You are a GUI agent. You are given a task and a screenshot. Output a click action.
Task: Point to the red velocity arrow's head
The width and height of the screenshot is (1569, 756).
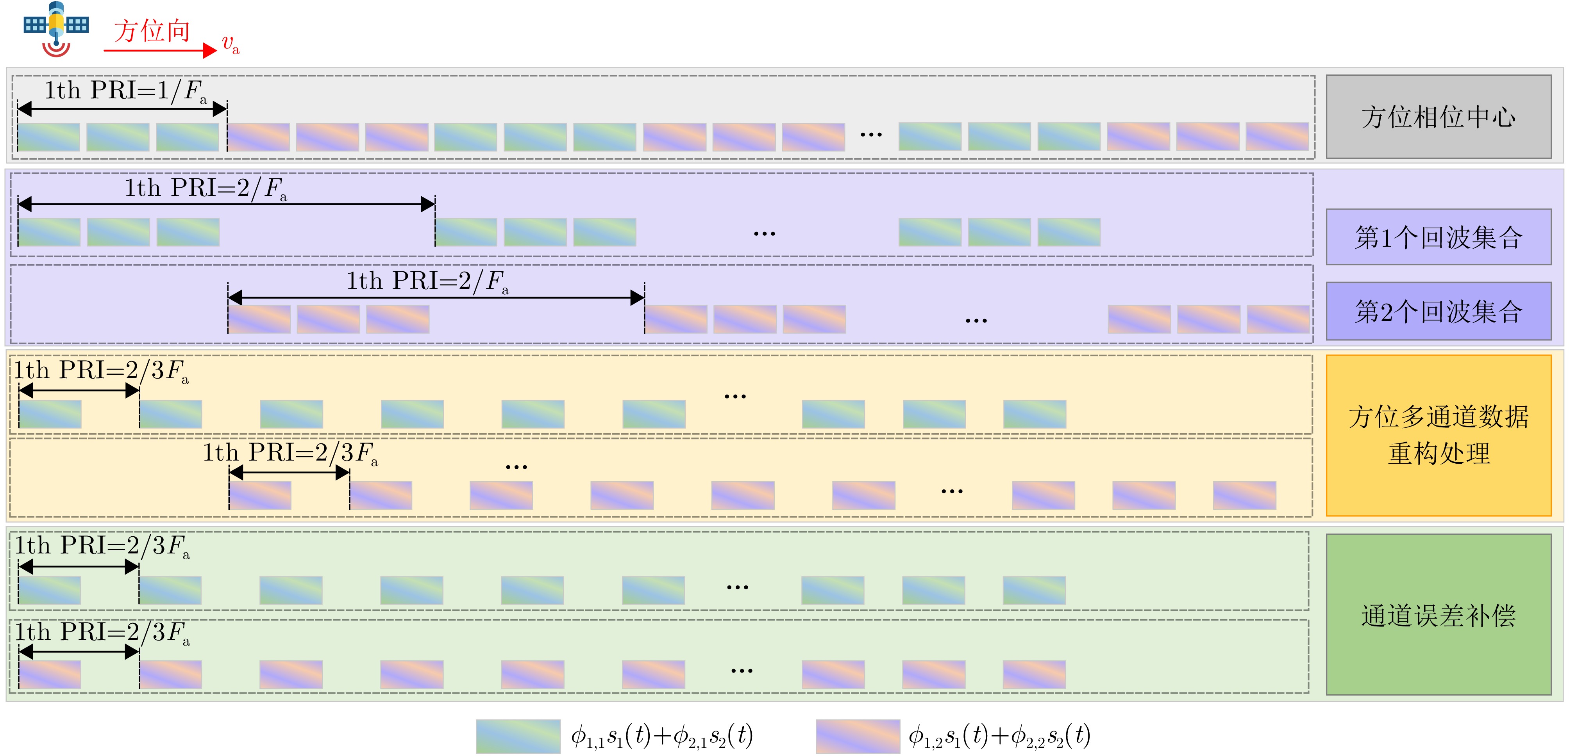[x=210, y=50]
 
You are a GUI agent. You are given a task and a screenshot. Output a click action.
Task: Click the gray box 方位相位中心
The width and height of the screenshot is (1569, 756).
[x=1438, y=116]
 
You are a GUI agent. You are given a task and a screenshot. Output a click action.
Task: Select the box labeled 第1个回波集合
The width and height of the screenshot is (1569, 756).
[x=1438, y=237]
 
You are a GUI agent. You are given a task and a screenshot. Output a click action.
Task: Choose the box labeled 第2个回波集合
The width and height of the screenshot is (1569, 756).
[x=1438, y=311]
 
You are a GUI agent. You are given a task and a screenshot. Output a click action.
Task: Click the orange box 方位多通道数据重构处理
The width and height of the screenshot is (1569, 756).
[x=1438, y=435]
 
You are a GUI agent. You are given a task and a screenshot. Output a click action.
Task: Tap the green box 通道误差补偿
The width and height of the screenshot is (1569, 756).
[x=1438, y=615]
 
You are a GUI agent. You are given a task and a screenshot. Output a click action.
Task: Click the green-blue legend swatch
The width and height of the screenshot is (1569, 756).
[x=518, y=736]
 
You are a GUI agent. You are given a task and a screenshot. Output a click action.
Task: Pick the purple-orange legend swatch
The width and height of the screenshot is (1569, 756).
[x=858, y=736]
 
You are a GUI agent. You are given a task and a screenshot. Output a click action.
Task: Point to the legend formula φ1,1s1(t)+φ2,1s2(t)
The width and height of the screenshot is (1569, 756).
[x=661, y=736]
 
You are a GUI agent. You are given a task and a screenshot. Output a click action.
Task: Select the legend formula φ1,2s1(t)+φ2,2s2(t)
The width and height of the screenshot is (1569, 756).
[x=999, y=736]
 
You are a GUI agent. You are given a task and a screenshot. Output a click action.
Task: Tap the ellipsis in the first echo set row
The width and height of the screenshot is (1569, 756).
[x=765, y=233]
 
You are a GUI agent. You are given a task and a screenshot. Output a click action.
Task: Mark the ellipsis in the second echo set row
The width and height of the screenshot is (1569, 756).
[x=976, y=320]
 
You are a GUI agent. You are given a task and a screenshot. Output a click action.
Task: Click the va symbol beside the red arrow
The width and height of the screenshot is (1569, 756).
[x=230, y=44]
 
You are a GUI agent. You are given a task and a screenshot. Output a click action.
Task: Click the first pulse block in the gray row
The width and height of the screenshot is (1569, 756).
[x=49, y=137]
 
